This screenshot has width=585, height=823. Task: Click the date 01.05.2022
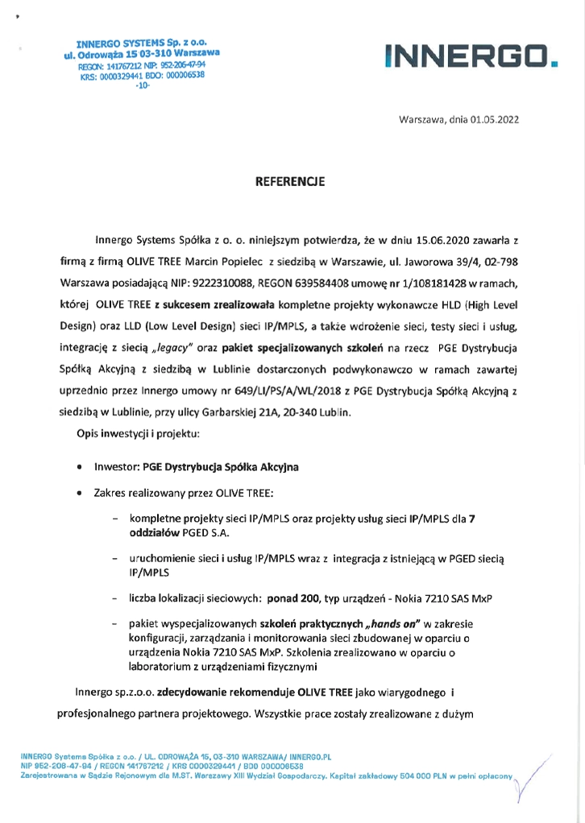tap(495, 119)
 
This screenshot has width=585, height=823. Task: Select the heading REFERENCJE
tap(289, 182)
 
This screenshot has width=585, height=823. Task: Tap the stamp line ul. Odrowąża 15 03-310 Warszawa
tap(141, 53)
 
